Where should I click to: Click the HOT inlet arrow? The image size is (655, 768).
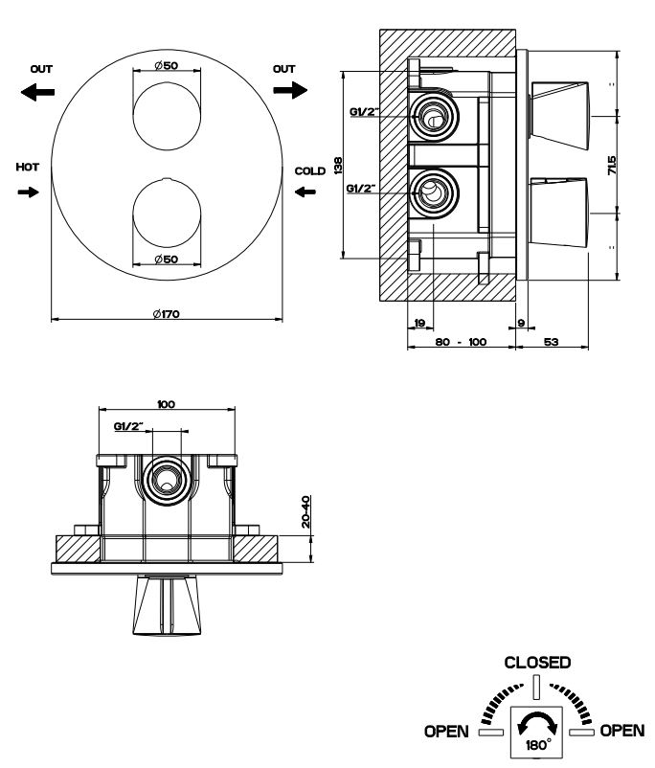[29, 192]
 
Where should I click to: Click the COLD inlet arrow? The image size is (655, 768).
[305, 192]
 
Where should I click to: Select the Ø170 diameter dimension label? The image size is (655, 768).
[166, 314]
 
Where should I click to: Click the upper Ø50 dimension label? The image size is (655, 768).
[167, 67]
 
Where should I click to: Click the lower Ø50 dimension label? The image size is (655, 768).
[167, 260]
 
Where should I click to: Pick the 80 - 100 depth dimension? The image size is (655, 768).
[461, 341]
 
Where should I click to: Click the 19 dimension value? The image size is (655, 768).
[420, 324]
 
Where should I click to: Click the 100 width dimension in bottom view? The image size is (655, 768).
[167, 405]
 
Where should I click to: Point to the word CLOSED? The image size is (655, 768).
[537, 663]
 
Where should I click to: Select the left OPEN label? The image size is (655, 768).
[443, 732]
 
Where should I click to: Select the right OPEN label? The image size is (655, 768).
[622, 732]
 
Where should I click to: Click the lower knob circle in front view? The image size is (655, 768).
[167, 215]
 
